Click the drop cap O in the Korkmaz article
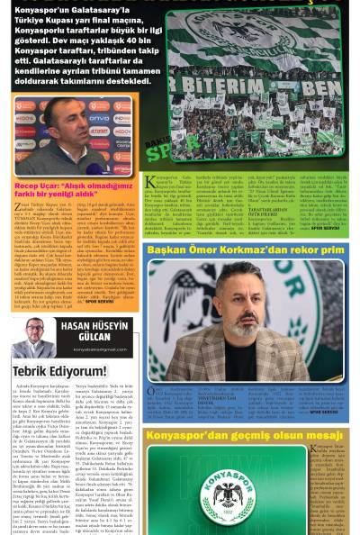click(x=152, y=393)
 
